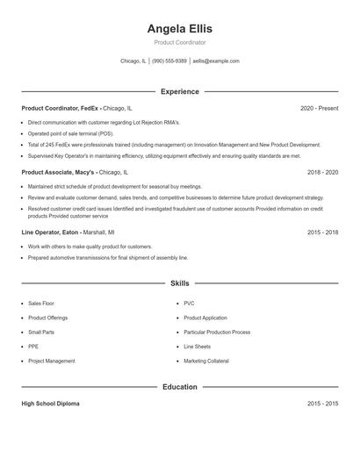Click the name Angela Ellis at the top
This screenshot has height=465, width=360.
click(179, 28)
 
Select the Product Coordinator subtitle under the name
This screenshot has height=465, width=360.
click(179, 42)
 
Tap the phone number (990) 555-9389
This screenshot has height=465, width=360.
click(169, 61)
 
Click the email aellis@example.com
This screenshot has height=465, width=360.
click(216, 61)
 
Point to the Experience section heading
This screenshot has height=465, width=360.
click(179, 91)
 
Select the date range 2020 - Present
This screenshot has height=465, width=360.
click(319, 108)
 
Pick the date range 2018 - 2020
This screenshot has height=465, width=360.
click(322, 173)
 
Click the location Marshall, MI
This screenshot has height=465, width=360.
click(99, 232)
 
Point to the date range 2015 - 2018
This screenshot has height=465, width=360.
click(322, 232)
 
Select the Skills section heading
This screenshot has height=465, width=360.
click(179, 283)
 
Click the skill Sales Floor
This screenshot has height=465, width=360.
click(40, 304)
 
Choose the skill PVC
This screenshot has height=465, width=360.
click(189, 304)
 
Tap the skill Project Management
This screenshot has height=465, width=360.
click(51, 361)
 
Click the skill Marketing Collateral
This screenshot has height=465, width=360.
click(206, 361)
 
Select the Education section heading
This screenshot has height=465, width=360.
click(179, 386)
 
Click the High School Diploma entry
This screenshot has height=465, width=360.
click(50, 404)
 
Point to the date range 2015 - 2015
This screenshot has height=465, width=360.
click(322, 404)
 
